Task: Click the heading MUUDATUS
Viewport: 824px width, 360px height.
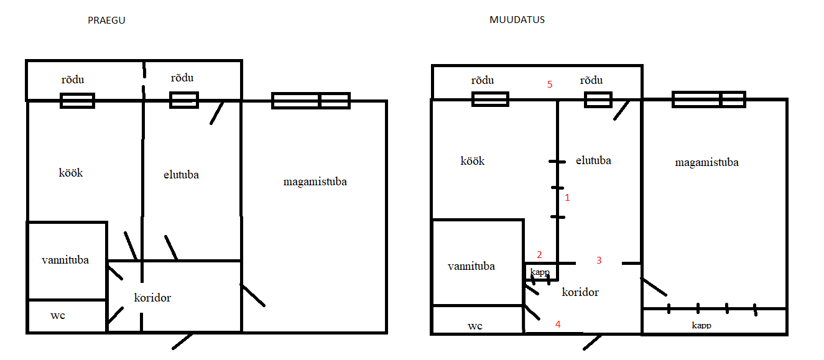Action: [x=517, y=20]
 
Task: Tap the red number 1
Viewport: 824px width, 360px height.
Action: [x=567, y=198]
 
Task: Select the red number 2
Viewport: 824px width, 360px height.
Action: [x=539, y=254]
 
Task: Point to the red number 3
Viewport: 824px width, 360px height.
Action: [x=599, y=261]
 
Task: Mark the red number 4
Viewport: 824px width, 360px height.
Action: [x=558, y=324]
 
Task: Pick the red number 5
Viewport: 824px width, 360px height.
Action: [x=550, y=85]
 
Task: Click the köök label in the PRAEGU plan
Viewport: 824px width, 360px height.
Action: [x=70, y=173]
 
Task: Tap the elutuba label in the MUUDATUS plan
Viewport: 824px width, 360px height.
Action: [x=593, y=160]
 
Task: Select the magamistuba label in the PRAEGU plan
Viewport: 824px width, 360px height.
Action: [x=315, y=182]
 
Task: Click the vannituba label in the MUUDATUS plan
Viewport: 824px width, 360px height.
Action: [x=471, y=266]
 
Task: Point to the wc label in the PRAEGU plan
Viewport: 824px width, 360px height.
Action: [x=58, y=315]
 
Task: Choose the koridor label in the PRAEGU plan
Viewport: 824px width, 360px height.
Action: [x=152, y=298]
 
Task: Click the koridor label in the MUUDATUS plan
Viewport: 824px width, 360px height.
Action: [x=580, y=292]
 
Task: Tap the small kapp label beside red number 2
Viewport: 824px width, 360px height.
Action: [x=539, y=272]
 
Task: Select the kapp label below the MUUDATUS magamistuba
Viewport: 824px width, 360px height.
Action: [x=701, y=325]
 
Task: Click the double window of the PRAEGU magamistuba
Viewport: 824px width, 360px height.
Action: [x=311, y=101]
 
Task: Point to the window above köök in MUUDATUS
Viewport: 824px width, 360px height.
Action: [x=490, y=99]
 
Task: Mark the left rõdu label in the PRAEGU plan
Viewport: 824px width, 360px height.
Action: [x=72, y=80]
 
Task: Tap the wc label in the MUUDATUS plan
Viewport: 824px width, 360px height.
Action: [x=475, y=326]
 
